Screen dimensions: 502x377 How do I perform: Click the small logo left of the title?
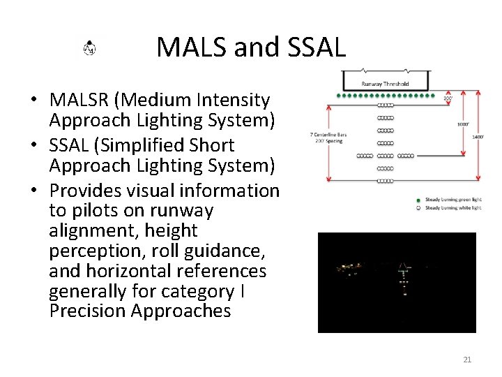[x=90, y=48]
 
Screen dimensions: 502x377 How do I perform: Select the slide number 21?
[x=467, y=360]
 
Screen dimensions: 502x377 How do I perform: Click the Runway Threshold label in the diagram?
[x=385, y=84]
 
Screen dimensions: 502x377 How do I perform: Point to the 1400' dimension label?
[x=478, y=137]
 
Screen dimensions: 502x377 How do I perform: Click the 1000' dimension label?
[x=463, y=124]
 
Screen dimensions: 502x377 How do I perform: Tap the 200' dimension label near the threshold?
[x=448, y=99]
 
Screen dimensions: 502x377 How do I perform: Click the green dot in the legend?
[x=418, y=200]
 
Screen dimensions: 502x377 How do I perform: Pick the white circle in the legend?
[x=418, y=208]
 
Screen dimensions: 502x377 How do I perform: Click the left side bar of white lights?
[x=365, y=156]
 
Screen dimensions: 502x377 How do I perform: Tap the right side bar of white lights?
[x=406, y=156]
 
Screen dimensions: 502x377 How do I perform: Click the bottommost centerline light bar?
[x=385, y=182]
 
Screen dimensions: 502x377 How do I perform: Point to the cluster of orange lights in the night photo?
[x=351, y=267]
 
